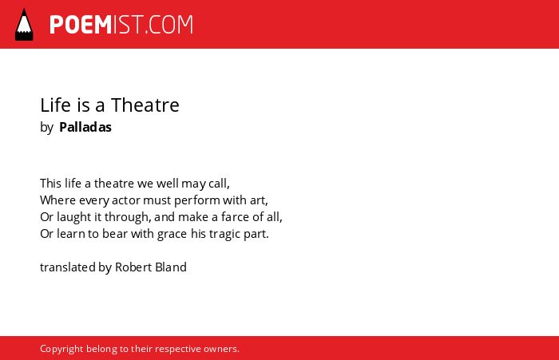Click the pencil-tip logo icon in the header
pyautogui.click(x=24, y=24)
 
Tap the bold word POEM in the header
pyautogui.click(x=81, y=25)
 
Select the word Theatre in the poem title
pyautogui.click(x=145, y=105)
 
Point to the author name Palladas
pyautogui.click(x=85, y=127)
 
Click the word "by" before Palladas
pyautogui.click(x=46, y=128)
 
